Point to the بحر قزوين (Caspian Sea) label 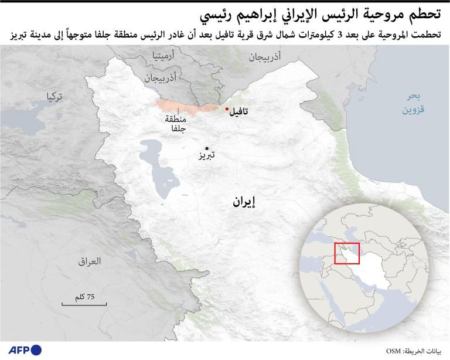pos(413,103)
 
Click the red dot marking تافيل pos(227,108)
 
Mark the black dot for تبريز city pos(206,149)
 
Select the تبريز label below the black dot pos(206,157)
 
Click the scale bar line pos(84,304)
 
